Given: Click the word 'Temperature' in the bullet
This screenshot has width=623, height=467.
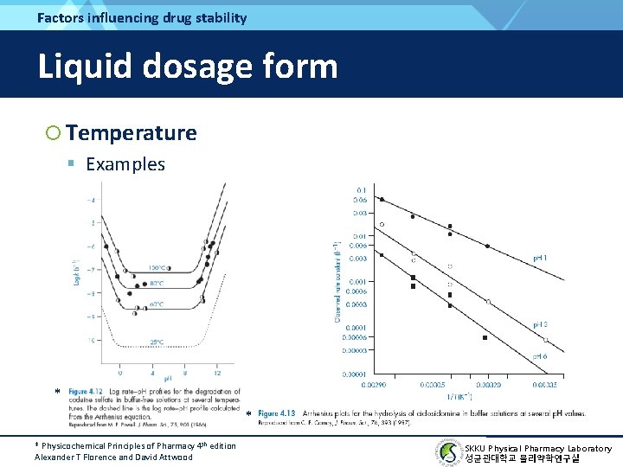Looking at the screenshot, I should pyautogui.click(x=131, y=133).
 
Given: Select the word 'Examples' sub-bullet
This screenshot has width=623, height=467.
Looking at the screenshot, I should pyautogui.click(x=125, y=164).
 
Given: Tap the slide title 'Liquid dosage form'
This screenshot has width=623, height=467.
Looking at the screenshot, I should pyautogui.click(x=187, y=67).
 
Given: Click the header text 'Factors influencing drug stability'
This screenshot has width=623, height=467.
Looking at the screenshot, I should pyautogui.click(x=142, y=17).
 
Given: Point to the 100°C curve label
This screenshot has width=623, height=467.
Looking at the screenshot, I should pyautogui.click(x=157, y=266).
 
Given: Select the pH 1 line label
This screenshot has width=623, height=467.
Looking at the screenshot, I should pyautogui.click(x=539, y=258).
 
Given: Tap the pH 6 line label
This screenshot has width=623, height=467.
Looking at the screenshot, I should pyautogui.click(x=539, y=356).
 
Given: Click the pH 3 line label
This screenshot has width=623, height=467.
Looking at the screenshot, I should pyautogui.click(x=539, y=324).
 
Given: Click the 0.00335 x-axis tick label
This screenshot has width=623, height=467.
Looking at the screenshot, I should pyautogui.click(x=545, y=384).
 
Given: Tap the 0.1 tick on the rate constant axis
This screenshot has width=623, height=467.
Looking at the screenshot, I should pyautogui.click(x=361, y=189).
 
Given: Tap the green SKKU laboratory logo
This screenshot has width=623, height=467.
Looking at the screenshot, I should pyautogui.click(x=449, y=452).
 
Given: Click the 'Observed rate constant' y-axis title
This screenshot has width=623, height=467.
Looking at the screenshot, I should pyautogui.click(x=337, y=281).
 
